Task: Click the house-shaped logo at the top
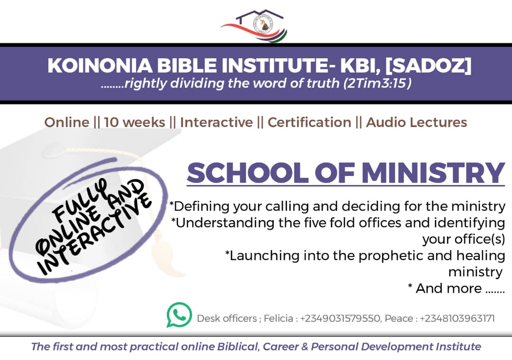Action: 254,26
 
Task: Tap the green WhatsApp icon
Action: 179,315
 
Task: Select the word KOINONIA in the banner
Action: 100,65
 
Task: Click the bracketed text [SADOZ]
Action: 429,65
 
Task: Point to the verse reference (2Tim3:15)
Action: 377,83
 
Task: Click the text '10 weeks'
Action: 135,122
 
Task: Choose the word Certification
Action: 309,122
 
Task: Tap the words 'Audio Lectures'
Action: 416,122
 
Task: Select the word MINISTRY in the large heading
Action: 433,173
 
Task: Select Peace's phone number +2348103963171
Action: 457,318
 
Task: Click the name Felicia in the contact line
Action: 278,318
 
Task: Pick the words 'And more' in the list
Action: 448,288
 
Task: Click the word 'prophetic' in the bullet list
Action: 391,256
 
